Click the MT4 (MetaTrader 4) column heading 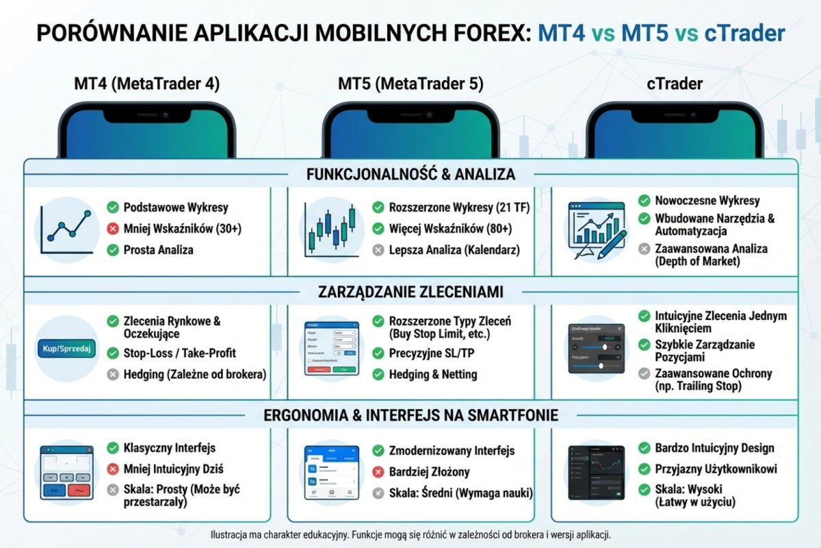146,84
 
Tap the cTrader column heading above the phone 674,84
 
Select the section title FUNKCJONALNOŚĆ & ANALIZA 410,174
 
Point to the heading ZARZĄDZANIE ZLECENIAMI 410,292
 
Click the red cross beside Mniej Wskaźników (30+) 113,228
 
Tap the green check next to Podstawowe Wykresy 113,207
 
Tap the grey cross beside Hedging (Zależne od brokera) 113,374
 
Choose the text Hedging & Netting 433,374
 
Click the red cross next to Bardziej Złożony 378,472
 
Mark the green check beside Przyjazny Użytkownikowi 644,469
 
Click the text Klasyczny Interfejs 170,448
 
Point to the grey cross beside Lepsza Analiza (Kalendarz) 378,250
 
